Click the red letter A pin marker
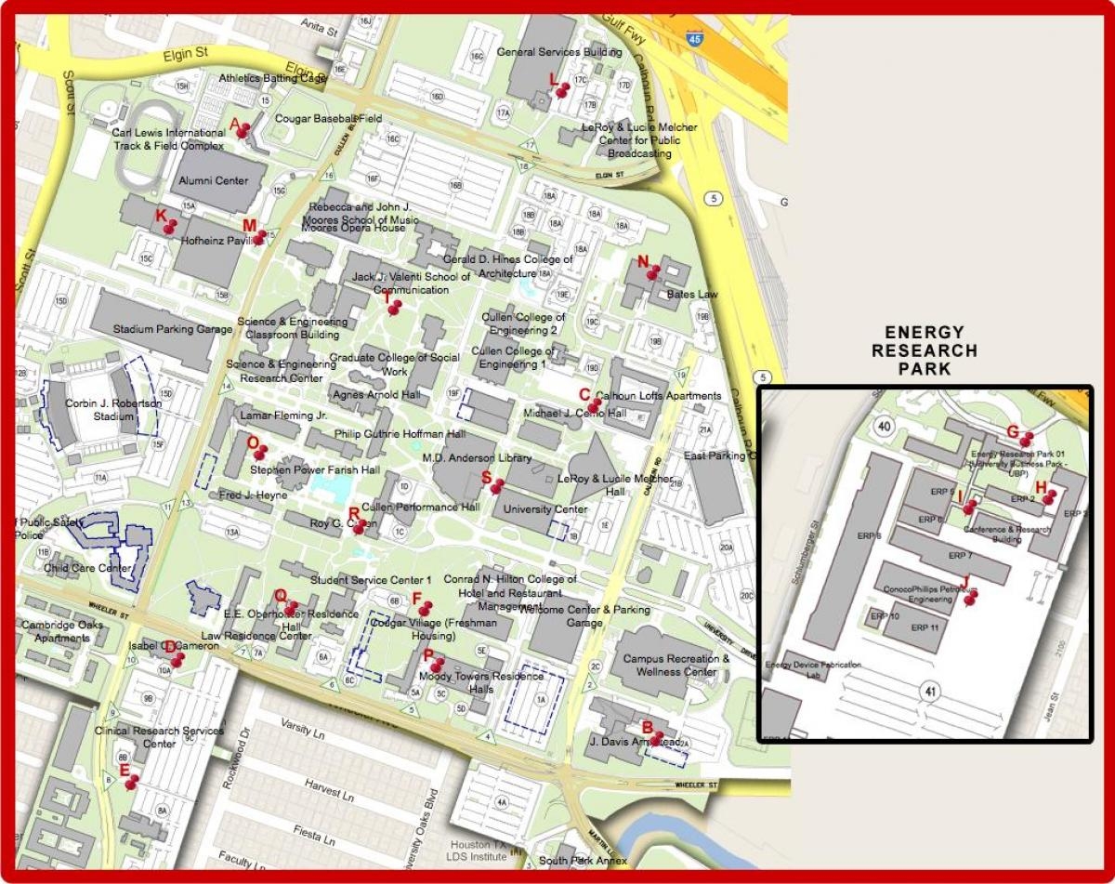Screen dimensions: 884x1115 [235, 124]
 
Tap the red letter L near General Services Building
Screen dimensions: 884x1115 [554, 80]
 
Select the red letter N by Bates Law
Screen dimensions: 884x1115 [642, 261]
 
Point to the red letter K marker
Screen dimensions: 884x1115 [161, 216]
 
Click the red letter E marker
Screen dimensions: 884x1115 [125, 770]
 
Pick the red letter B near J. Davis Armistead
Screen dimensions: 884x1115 [648, 728]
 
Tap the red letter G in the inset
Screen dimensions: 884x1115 [1013, 430]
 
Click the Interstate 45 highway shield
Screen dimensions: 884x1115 [694, 38]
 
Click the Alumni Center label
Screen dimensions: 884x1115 [214, 180]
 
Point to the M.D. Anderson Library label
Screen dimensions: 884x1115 [477, 457]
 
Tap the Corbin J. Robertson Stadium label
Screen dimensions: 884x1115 [100, 410]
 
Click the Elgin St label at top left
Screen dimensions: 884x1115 [184, 56]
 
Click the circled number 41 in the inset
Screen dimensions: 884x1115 [930, 691]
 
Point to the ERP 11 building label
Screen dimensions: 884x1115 [925, 627]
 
